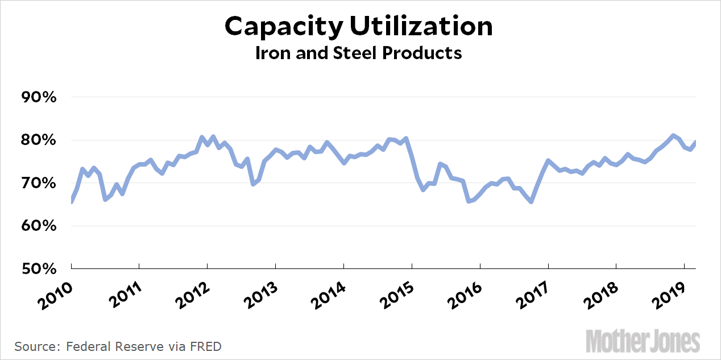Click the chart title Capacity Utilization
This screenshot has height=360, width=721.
point(358,27)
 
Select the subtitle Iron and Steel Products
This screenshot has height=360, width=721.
point(358,53)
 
